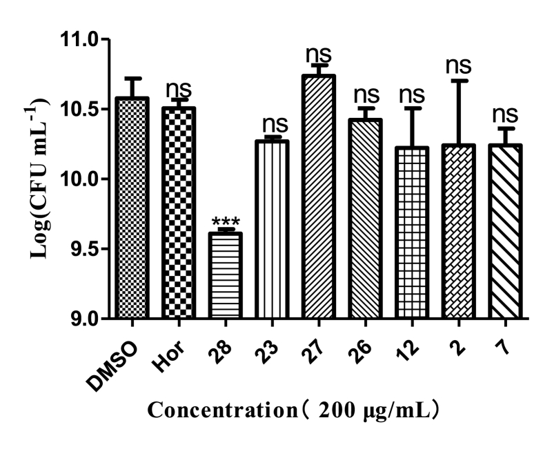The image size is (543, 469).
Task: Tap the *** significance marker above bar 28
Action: coord(226,223)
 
